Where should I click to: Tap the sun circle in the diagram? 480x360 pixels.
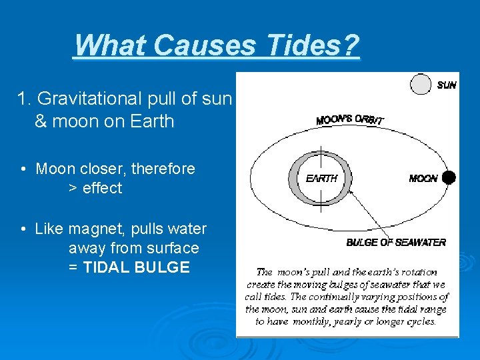coord(421,85)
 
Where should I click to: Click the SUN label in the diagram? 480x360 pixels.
coord(446,85)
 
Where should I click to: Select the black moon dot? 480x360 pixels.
coord(449,177)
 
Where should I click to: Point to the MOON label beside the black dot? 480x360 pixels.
coord(423,179)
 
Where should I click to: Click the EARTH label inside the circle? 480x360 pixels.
coord(321,179)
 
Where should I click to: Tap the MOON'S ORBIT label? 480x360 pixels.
coord(349,118)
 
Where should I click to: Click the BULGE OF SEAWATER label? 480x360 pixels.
coord(396,243)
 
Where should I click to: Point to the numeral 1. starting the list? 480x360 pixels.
coord(23,99)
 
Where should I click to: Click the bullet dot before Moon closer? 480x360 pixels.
coord(23,169)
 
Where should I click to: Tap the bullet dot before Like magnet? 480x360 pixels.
coord(23,229)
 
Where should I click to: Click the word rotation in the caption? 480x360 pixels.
coord(419,272)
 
